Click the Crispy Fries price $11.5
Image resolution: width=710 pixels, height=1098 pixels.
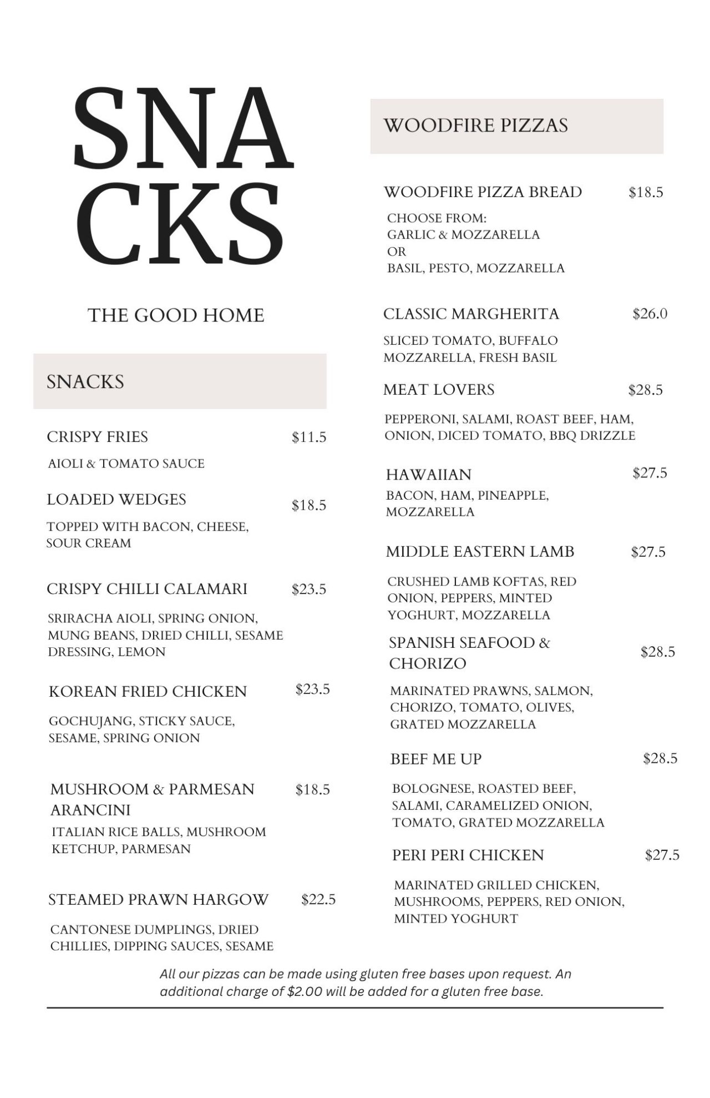coord(309,437)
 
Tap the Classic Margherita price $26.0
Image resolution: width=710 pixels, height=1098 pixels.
coord(650,314)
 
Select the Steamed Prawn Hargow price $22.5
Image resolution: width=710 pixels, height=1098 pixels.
coord(318,900)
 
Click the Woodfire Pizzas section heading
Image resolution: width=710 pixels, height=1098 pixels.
coord(476,125)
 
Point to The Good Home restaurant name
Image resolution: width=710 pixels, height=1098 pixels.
coord(176,316)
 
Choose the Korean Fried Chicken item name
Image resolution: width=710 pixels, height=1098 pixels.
coord(148,692)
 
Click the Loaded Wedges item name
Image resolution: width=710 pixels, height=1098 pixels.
coord(116,500)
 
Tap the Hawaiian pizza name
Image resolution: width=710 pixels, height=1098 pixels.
coord(429,475)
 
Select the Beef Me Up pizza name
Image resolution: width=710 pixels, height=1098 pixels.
coord(436,759)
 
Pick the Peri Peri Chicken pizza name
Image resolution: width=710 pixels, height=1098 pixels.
coord(468,855)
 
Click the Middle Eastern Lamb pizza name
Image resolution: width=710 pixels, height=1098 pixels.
coord(480,552)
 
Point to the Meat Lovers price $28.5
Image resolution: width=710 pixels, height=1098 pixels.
coord(645,390)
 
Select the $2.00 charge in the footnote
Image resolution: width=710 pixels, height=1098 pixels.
coord(305,992)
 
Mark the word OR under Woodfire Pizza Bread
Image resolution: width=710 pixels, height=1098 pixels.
coord(396,251)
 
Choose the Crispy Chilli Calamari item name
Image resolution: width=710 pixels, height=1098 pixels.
coord(147,589)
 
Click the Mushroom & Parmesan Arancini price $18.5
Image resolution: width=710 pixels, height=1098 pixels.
coord(312,790)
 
